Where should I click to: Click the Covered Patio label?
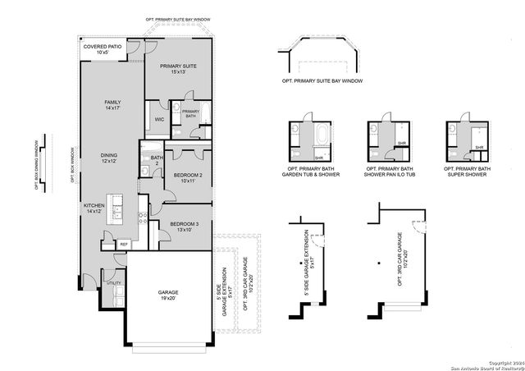coord(102,50)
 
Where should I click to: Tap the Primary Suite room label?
coord(178,69)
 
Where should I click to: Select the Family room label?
coord(112,105)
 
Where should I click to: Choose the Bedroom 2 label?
coord(188,177)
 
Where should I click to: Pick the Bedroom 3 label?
coord(185,227)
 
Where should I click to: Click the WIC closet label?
coord(160,119)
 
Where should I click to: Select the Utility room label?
coord(114,282)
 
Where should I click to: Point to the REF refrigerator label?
coord(124,244)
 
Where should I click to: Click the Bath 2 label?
coord(156,160)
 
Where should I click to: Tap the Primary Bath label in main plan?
coord(190,114)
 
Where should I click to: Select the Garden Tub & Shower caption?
coord(311,172)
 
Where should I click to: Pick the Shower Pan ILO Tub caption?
coord(389,172)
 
